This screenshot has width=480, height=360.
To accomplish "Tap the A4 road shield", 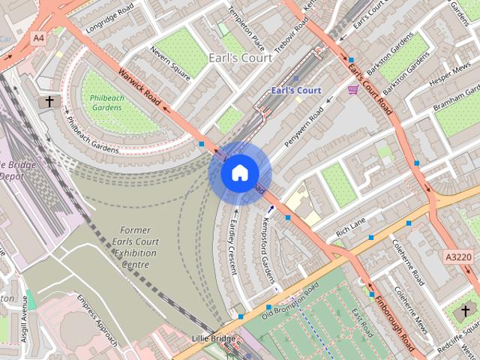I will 38,37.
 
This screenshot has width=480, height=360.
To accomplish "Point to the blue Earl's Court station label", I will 295,91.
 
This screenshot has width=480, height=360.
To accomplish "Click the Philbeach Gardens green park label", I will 106,103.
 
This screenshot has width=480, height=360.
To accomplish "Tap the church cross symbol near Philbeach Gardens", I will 49,101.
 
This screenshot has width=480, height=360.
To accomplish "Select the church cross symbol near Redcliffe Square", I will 465,310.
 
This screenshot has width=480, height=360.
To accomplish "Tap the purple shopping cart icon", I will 352,90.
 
